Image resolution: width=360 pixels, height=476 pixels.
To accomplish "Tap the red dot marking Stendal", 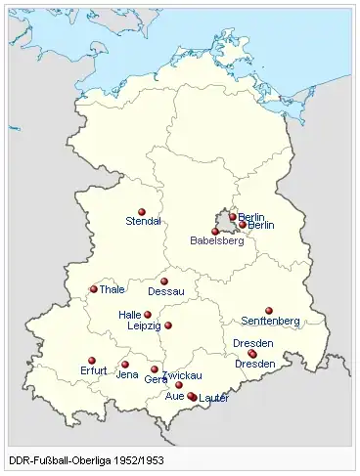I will (x=142, y=211).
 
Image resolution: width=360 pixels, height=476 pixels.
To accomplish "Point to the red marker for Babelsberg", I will (x=215, y=231).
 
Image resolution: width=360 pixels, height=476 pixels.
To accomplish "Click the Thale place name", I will (x=113, y=290).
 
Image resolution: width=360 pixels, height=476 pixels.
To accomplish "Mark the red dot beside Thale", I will (x=94, y=289).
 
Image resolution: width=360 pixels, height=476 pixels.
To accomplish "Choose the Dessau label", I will (x=165, y=291).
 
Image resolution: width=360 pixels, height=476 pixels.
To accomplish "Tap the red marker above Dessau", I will (x=164, y=281).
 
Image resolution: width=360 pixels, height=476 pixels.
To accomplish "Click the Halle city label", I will (x=130, y=316).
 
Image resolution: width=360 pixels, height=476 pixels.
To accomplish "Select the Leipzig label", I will (x=144, y=326).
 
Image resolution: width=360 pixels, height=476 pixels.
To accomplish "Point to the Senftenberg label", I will (x=270, y=321).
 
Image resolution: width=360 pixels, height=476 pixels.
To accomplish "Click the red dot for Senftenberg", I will (x=269, y=311).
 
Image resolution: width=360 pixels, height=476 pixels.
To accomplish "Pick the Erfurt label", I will (x=92, y=371).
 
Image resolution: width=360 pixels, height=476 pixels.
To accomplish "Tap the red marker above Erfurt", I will (x=91, y=361).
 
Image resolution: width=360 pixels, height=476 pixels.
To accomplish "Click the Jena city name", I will (x=127, y=374).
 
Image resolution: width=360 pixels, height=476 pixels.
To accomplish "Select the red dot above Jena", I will (x=125, y=365).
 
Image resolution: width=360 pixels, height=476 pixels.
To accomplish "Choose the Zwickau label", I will (x=183, y=375).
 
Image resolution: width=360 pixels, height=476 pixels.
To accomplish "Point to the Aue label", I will (x=174, y=396).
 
